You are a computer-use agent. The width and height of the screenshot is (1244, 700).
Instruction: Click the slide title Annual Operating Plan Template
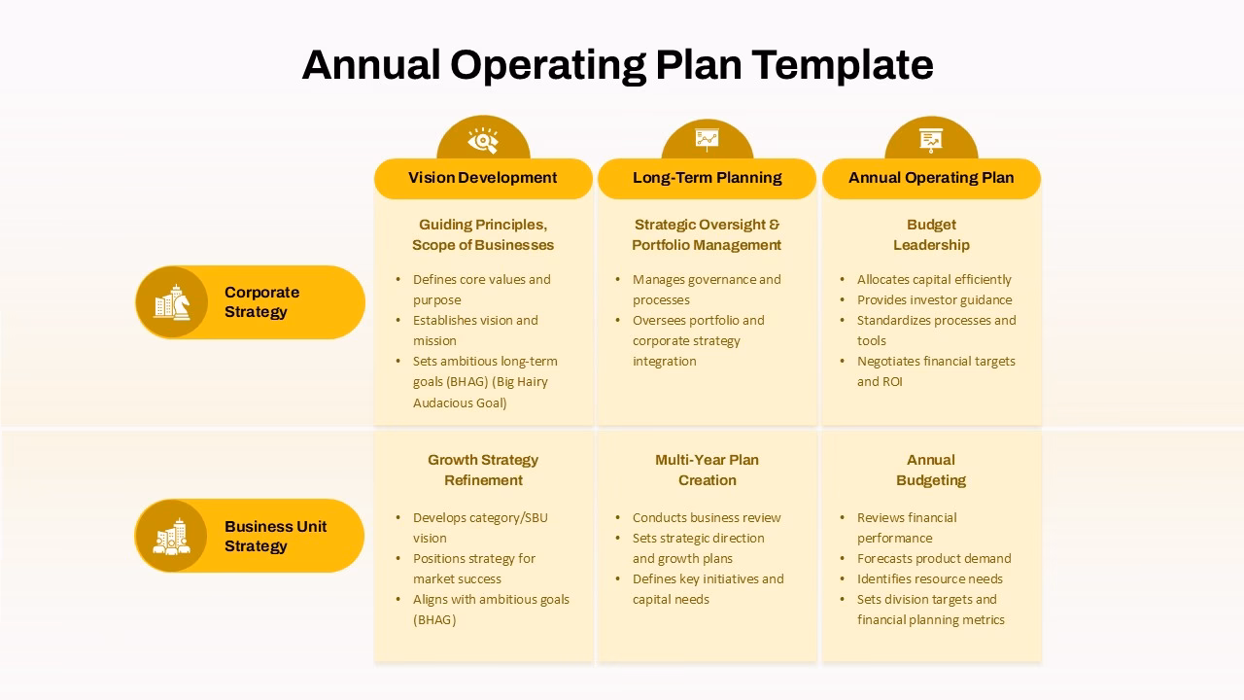(x=617, y=65)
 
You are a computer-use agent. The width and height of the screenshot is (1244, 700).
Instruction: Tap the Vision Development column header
(x=483, y=178)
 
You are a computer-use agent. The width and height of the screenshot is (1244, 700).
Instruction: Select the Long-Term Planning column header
(x=707, y=178)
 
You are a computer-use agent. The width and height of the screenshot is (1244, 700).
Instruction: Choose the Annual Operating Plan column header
(x=931, y=178)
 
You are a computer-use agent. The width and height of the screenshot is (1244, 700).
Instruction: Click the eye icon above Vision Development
(x=483, y=140)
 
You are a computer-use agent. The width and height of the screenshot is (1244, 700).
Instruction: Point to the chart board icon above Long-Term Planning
(x=707, y=140)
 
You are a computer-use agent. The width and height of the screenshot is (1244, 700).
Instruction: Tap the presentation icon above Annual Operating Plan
(x=931, y=140)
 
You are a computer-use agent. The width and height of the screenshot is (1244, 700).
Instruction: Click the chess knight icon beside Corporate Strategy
(x=172, y=302)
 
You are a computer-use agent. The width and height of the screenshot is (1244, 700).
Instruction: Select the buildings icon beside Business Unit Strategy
(x=172, y=536)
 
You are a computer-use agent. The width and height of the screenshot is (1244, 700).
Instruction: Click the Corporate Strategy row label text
(x=261, y=302)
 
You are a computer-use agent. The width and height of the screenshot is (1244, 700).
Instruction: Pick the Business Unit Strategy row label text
(x=275, y=536)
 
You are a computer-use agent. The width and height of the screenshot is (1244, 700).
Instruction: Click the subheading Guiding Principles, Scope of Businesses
(x=483, y=234)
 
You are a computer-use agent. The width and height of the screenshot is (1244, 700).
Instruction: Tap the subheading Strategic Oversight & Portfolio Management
(x=707, y=234)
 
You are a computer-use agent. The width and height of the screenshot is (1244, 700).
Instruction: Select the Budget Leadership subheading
(x=931, y=234)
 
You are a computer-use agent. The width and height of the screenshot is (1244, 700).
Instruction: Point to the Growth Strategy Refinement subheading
(x=483, y=470)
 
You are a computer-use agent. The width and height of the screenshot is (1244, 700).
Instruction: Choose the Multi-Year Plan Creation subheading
(x=707, y=470)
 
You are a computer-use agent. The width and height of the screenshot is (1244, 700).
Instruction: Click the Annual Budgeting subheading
(x=931, y=470)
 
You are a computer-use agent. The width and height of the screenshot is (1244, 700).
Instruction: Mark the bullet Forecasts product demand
(x=934, y=558)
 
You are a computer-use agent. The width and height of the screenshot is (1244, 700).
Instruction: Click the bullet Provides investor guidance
(x=934, y=299)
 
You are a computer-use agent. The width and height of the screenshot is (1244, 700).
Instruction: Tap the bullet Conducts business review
(x=707, y=517)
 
